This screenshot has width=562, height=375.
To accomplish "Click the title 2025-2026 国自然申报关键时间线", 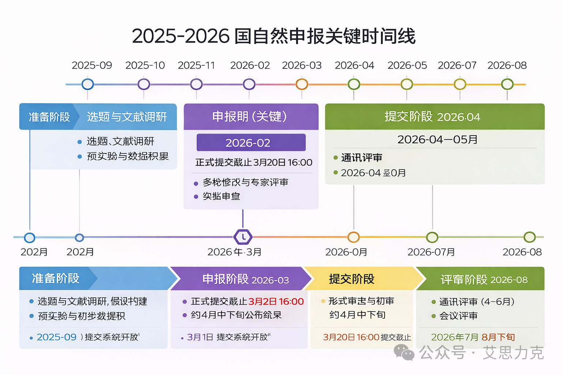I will click(x=274, y=36).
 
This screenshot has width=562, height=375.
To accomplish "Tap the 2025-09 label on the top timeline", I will click(x=92, y=65).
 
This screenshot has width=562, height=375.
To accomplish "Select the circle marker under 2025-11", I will click(x=196, y=84).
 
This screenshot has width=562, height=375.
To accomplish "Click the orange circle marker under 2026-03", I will click(x=302, y=84).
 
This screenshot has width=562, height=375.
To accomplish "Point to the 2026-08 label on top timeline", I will click(x=507, y=65).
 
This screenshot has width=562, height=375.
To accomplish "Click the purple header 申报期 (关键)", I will click(x=251, y=116).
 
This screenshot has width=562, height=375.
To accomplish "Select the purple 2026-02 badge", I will click(x=251, y=142).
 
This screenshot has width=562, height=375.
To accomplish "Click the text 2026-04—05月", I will click(x=437, y=140).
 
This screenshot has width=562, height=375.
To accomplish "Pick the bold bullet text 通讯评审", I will click(x=361, y=157).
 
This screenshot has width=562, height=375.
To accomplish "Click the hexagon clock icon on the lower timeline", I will click(x=243, y=237).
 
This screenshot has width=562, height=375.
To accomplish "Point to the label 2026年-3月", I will click(x=234, y=252).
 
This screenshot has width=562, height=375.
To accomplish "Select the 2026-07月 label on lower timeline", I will click(x=431, y=252).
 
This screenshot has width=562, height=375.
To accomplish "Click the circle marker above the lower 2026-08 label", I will click(x=529, y=237).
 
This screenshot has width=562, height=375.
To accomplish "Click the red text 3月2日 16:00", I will click(x=276, y=301).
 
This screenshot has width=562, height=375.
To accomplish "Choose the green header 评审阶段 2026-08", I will click(x=484, y=280).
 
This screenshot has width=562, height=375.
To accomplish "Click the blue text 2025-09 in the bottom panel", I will click(x=57, y=337).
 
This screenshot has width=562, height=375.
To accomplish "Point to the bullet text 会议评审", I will click(x=458, y=316).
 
